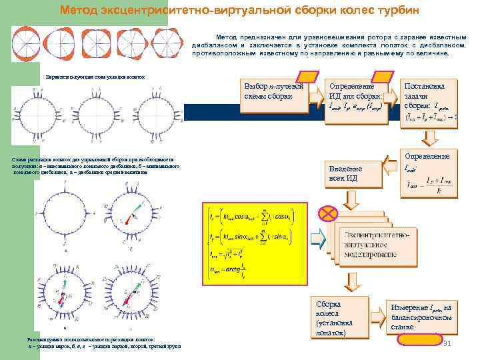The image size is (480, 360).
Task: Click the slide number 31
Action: click(x=448, y=343)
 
